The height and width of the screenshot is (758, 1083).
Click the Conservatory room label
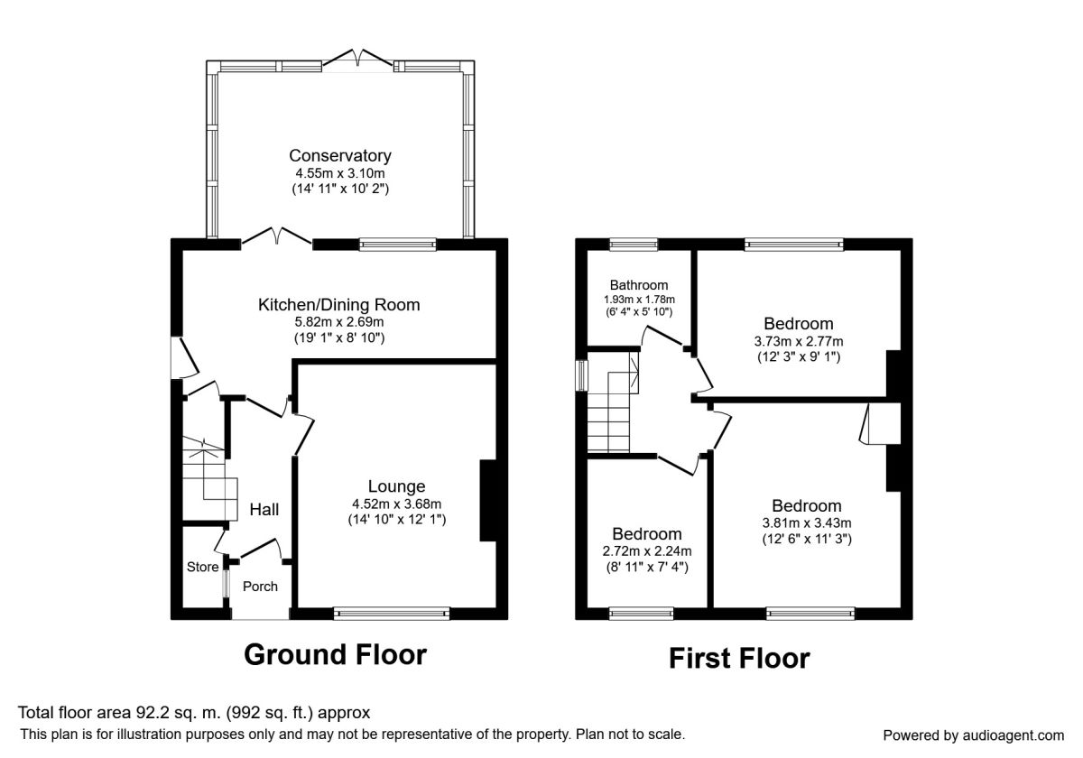[340, 155]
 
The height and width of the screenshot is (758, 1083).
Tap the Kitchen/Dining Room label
[339, 305]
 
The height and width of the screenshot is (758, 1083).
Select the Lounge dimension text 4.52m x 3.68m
[396, 504]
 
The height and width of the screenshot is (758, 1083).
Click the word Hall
[264, 510]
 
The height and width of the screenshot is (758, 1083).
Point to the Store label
[202, 567]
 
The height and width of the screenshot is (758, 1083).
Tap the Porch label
[260, 587]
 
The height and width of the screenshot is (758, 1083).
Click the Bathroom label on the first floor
[639, 285]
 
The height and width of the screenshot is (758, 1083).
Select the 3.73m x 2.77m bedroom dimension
[799, 341]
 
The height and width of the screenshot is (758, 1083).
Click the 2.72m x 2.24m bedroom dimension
[647, 551]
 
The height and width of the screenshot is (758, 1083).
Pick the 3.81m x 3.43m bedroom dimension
[807, 522]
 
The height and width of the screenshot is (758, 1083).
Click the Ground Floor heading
[335, 655]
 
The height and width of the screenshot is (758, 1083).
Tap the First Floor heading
[739, 659]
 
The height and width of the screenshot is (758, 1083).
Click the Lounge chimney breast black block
[488, 500]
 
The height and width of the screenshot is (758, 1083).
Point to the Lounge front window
[392, 614]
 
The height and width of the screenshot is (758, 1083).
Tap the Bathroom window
[634, 245]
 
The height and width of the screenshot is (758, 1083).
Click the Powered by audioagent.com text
[973, 735]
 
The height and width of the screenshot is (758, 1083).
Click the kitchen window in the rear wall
[397, 245]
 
